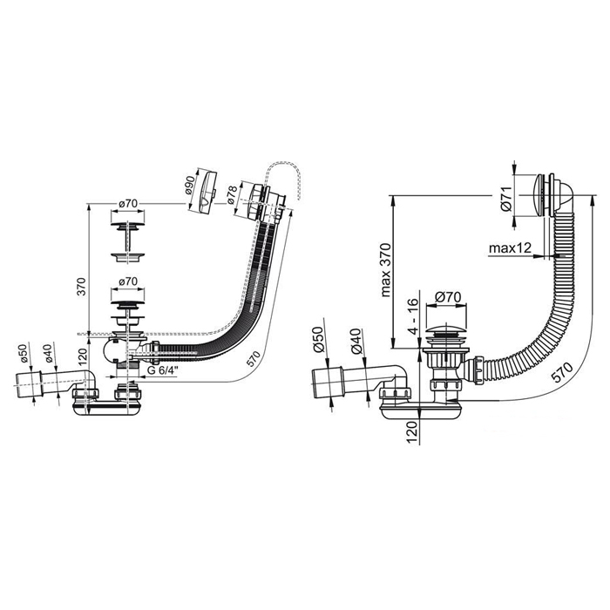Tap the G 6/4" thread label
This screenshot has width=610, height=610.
163,370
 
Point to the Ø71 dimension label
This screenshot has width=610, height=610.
506,201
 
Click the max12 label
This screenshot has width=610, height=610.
510,247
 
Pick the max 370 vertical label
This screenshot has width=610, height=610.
385,270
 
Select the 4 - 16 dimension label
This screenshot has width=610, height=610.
413,315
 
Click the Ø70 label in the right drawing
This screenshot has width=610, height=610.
447,297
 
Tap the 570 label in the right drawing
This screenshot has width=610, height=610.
562,372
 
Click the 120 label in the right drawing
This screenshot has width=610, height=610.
413,432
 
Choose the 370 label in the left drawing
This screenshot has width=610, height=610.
82,287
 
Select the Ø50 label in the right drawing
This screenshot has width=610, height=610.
319,339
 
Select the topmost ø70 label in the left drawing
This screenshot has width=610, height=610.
128,203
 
